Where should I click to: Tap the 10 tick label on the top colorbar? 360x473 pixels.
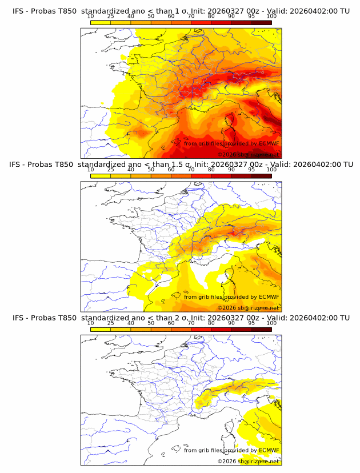pyautogui.click(x=90, y=16)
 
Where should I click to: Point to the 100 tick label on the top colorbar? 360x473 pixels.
pyautogui.click(x=271, y=16)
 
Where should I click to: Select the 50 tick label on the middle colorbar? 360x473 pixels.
pyautogui.click(x=151, y=170)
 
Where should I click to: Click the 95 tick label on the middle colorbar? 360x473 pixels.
pyautogui.click(x=251, y=170)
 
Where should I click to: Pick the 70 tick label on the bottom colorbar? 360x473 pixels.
pyautogui.click(x=191, y=323)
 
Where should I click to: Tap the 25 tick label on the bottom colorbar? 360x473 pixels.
pyautogui.click(x=111, y=323)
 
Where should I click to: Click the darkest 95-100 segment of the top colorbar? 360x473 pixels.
pyautogui.click(x=261, y=22)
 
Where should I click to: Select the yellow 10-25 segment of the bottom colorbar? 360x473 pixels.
pyautogui.click(x=101, y=329)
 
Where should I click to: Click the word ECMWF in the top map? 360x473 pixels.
pyautogui.click(x=269, y=143)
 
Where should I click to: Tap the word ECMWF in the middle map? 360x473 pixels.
pyautogui.click(x=269, y=297)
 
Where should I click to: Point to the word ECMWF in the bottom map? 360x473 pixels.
pyautogui.click(x=269, y=450)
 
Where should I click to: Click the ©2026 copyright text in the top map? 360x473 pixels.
pyautogui.click(x=226, y=155)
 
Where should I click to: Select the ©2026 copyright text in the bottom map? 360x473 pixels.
pyautogui.click(x=226, y=462)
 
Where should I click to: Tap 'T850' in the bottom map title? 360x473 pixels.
pyautogui.click(x=67, y=318)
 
